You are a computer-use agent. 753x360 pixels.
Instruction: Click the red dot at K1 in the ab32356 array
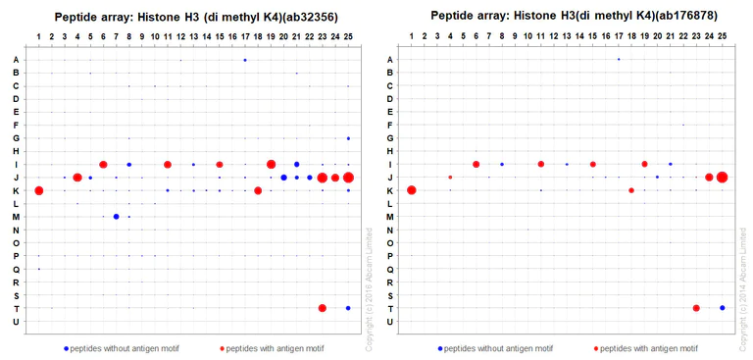(39, 190)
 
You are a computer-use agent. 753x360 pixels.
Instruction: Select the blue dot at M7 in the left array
(116, 217)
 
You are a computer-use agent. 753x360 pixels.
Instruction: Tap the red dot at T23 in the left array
(323, 308)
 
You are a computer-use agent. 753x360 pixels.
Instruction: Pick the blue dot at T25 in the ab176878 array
(723, 308)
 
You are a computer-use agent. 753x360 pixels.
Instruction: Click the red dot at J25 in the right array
(723, 178)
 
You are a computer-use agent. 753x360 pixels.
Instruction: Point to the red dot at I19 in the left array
(272, 164)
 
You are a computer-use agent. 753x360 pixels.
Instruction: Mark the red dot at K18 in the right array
(631, 190)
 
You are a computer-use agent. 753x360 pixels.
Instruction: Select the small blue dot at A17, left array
(245, 60)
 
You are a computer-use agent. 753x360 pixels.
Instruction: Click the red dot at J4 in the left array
(77, 178)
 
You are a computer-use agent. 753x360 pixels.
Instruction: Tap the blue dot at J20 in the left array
(283, 178)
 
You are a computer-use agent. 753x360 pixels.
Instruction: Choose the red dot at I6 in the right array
(477, 164)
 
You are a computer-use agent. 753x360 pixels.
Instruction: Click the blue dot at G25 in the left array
(348, 138)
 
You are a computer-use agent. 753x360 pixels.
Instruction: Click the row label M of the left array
(16, 217)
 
